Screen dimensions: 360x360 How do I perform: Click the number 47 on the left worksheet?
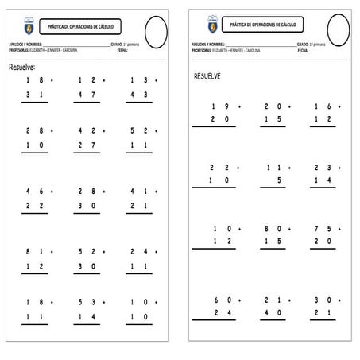tap(87, 95)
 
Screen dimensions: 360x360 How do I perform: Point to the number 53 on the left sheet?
tap(87, 302)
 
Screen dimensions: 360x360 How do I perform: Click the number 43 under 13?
tap(138, 95)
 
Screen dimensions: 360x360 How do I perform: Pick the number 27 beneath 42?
tap(87, 145)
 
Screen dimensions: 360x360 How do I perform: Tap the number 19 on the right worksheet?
tap(220, 106)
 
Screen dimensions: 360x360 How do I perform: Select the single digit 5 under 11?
tap(281, 180)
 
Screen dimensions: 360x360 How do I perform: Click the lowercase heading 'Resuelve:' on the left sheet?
tap(26, 68)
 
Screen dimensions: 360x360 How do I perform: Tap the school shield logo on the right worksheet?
tap(212, 25)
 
